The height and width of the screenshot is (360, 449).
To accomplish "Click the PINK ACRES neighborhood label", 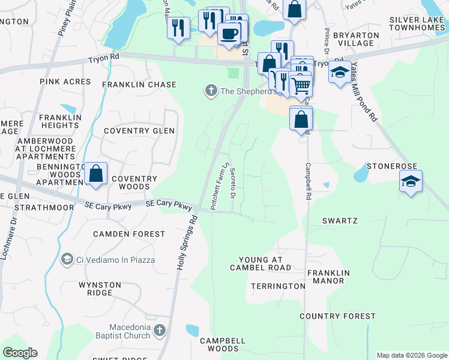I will click(65, 82).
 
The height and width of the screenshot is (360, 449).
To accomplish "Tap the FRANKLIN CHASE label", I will click(139, 85).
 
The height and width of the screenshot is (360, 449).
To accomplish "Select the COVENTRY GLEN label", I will click(139, 131).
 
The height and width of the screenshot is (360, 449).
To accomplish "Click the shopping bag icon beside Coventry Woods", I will click(96, 174).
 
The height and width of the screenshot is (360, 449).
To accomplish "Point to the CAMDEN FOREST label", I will click(129, 234).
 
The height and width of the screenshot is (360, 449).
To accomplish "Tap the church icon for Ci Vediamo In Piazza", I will click(67, 259).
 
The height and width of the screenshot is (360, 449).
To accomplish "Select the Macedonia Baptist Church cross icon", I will click(159, 330).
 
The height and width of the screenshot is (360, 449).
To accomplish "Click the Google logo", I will click(20, 353).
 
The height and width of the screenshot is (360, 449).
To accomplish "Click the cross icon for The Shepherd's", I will click(211, 91).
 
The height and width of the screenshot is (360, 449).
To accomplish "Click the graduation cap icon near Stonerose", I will click(411, 181).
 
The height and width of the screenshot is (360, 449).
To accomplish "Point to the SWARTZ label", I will click(340, 221).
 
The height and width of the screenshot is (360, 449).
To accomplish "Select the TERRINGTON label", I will click(278, 286).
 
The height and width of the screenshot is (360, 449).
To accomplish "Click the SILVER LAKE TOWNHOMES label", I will click(417, 24).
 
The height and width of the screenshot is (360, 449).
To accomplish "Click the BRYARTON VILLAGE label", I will click(358, 40).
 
